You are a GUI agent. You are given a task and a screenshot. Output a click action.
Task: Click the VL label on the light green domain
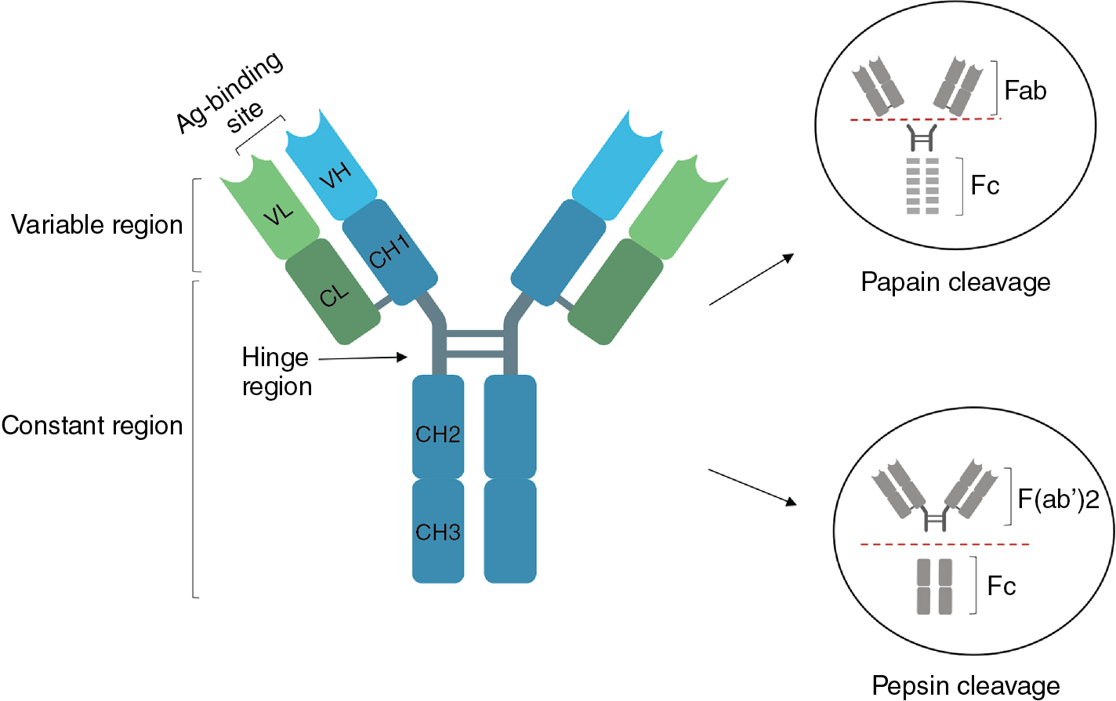[x=278, y=213]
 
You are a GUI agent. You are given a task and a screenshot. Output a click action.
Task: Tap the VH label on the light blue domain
[x=335, y=176]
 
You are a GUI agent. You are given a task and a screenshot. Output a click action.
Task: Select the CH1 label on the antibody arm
[x=390, y=252]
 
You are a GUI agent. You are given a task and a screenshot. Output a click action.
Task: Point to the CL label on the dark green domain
[x=334, y=296]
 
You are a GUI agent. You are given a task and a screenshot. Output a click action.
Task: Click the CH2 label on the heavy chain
[x=437, y=434]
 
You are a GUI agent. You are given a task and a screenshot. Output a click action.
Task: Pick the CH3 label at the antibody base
[x=437, y=532]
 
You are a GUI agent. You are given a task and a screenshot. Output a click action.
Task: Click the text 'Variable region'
[x=96, y=225]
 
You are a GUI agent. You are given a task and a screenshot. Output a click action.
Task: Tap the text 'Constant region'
[x=92, y=426]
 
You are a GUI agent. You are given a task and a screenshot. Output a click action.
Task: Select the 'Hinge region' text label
[x=276, y=372]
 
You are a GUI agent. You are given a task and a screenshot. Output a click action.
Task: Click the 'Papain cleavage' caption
[x=955, y=282]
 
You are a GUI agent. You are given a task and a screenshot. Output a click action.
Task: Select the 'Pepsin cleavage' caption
[x=966, y=686]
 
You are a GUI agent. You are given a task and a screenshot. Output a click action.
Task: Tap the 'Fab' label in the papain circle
[x=1025, y=91]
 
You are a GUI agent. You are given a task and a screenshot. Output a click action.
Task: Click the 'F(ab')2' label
[x=1058, y=499]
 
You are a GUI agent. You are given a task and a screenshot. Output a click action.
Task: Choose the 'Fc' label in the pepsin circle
[x=1001, y=587]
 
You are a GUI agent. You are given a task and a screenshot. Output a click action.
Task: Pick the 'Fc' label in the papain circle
[x=985, y=186]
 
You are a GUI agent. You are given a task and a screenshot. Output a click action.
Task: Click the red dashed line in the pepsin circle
[x=944, y=543]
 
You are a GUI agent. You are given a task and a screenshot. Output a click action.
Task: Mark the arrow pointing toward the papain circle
[x=752, y=279]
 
